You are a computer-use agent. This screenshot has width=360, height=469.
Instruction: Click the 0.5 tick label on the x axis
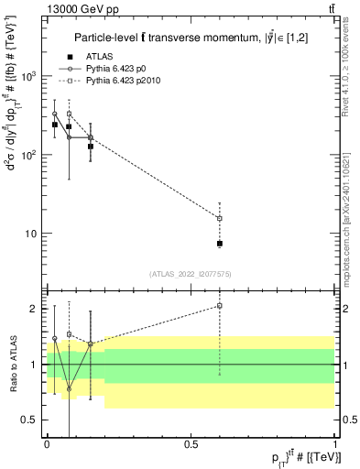pos(191,442)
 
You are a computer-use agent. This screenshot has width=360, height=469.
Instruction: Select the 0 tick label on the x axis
pos(47,442)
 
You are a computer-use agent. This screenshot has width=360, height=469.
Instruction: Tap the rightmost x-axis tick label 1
pos(335,442)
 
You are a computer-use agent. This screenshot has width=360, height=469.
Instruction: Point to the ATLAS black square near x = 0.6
pos(220,244)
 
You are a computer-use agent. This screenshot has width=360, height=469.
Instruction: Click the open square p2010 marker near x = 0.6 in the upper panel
pos(220,218)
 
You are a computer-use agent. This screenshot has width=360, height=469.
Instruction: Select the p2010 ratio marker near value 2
pos(220,306)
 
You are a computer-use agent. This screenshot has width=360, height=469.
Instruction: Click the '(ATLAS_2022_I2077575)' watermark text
pos(191,273)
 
